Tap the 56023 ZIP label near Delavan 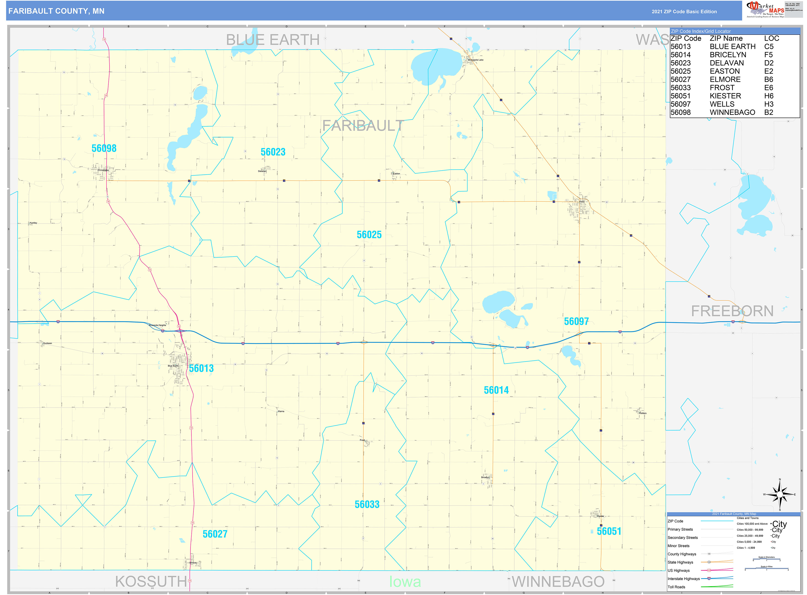pos(273,152)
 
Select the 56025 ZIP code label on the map pos(369,235)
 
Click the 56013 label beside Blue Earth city pos(201,368)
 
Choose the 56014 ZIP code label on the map pos(496,390)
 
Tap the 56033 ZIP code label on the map pos(367,504)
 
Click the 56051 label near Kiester pos(609,531)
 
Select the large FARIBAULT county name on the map pos(362,126)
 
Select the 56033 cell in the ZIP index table pos(680,87)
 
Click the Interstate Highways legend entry pos(684,579)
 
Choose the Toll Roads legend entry pos(676,587)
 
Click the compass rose pos(779,495)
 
